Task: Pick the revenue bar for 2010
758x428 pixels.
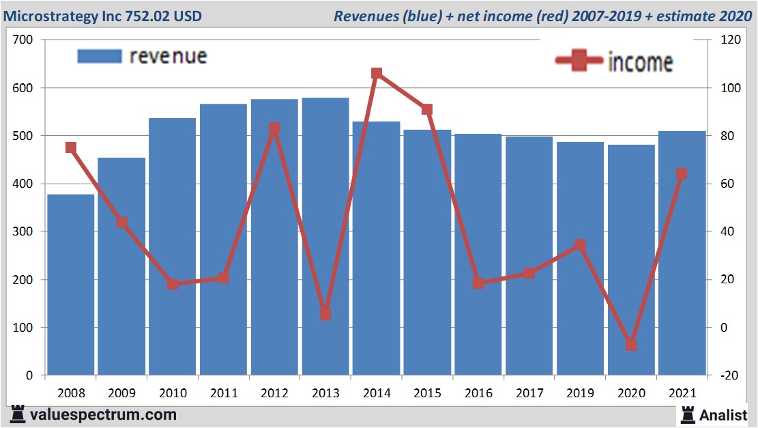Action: [172, 246]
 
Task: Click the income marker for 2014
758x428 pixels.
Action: [377, 73]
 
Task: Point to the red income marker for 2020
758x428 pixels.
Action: [631, 345]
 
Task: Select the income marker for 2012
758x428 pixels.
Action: [274, 128]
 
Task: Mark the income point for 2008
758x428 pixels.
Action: [70, 147]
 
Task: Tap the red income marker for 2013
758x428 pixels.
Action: [325, 315]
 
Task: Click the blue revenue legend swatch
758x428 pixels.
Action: [100, 56]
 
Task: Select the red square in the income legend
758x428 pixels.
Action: [579, 61]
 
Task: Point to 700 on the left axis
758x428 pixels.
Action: [23, 40]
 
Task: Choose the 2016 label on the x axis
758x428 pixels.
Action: [478, 394]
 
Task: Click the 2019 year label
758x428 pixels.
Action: [580, 394]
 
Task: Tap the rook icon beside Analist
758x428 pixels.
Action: [687, 414]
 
